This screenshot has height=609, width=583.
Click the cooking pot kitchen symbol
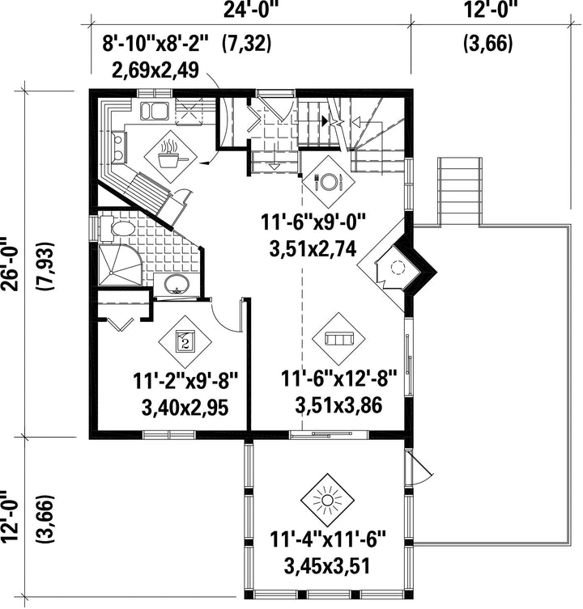[170, 156]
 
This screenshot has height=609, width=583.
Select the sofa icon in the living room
[338, 339]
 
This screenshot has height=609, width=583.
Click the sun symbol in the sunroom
[326, 500]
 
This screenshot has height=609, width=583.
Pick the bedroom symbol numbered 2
[185, 342]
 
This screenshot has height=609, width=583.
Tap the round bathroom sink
[177, 285]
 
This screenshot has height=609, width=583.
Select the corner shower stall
[121, 265]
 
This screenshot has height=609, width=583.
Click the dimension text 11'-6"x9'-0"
[313, 224]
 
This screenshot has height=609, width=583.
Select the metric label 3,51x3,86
[338, 405]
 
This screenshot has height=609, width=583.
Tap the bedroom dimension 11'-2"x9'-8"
[185, 381]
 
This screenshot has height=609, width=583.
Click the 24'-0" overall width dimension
[251, 10]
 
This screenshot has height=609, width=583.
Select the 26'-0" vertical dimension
[10, 264]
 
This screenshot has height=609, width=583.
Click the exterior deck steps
[460, 191]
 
